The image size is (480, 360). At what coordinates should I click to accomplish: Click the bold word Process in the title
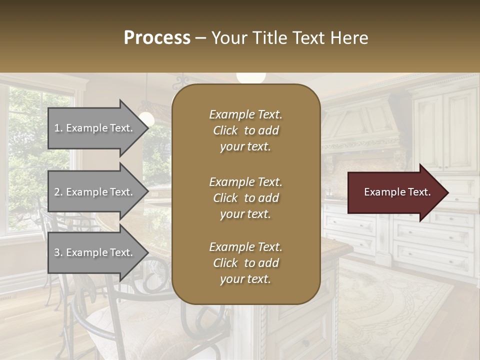pyautogui.click(x=157, y=38)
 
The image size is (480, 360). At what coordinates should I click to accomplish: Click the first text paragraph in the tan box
pyautogui.click(x=245, y=130)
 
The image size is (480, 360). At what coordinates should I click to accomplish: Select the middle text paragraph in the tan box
pyautogui.click(x=245, y=197)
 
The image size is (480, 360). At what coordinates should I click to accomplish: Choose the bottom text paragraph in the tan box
pyautogui.click(x=245, y=263)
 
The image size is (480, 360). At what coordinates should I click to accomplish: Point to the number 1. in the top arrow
pyautogui.click(x=58, y=128)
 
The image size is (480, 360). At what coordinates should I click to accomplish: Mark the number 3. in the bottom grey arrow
pyautogui.click(x=58, y=252)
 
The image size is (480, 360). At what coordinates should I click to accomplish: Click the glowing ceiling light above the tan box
pyautogui.click(x=250, y=77)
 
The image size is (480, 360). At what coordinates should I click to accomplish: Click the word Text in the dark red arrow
pyautogui.click(x=419, y=192)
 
